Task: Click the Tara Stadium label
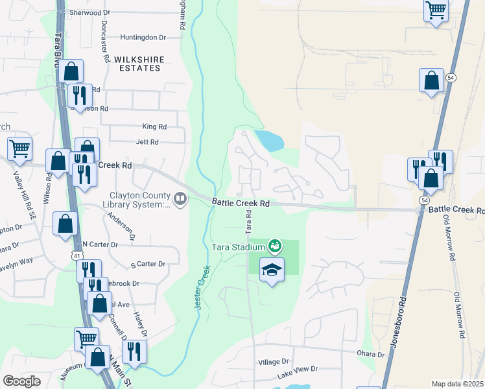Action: [x=238, y=247]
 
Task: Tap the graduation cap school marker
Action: [x=272, y=270]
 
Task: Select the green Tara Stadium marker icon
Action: [x=274, y=246]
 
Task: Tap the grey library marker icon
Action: [x=181, y=201]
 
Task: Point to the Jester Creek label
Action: [x=203, y=289]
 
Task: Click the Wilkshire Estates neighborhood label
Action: [x=137, y=64]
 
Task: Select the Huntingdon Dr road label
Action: [x=143, y=38]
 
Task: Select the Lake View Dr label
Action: [x=298, y=369]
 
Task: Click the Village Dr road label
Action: [x=273, y=361]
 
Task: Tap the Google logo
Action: [x=22, y=381]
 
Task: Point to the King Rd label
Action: [x=154, y=127]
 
